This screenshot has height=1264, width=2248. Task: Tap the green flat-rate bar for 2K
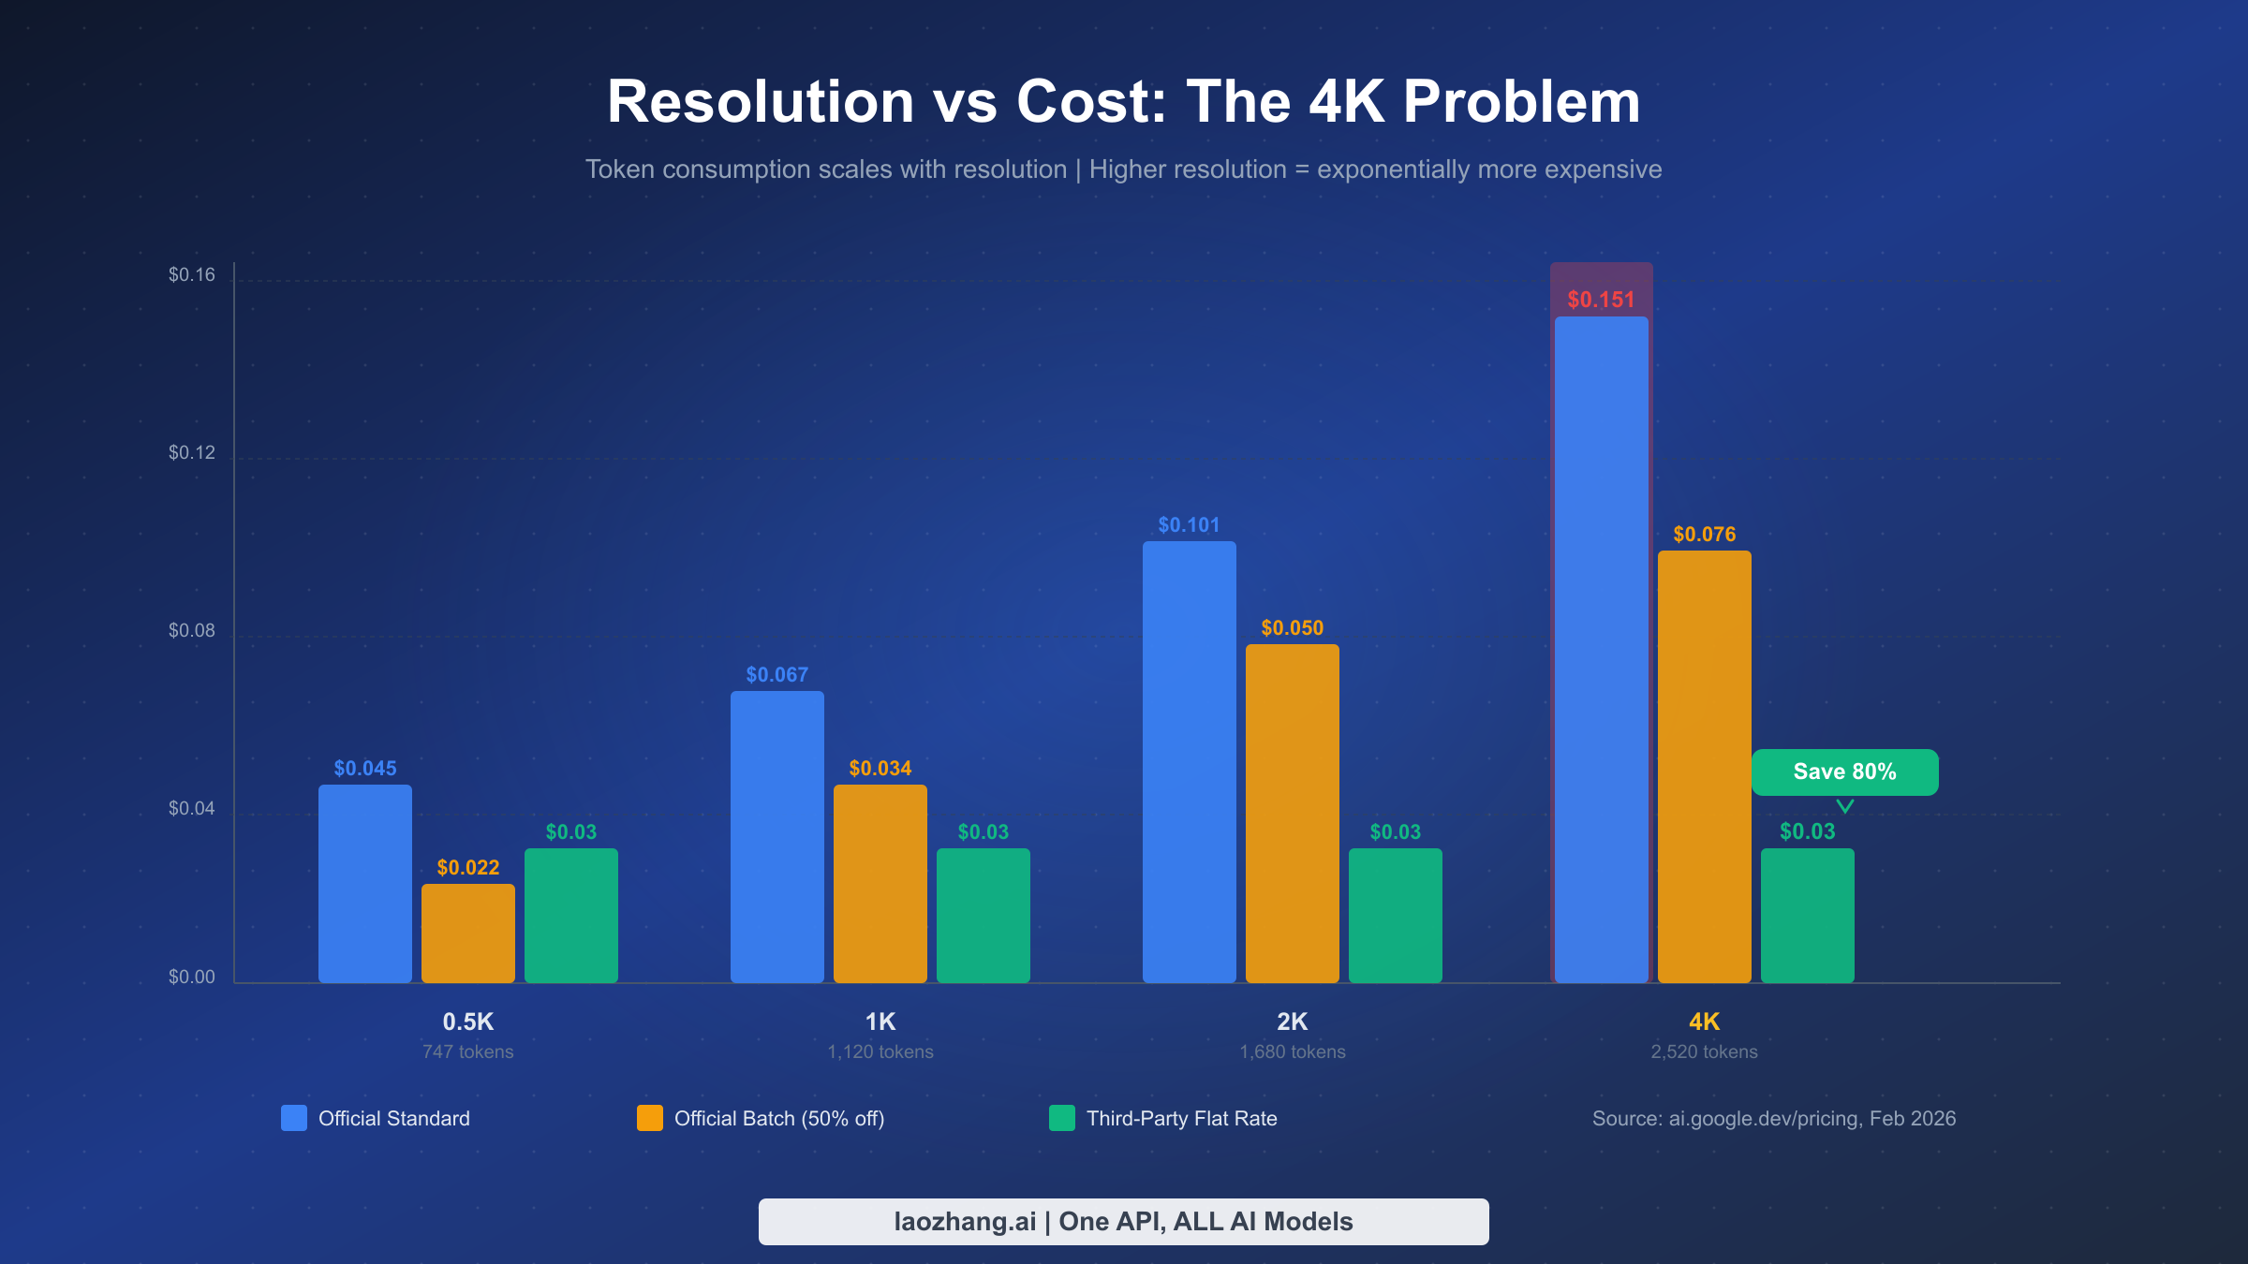tap(1395, 915)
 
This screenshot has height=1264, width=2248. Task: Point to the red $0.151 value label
tap(1601, 300)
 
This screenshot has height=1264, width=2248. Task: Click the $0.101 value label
tap(1189, 525)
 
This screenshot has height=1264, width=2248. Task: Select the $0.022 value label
tap(467, 868)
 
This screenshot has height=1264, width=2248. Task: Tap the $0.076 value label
tap(1704, 535)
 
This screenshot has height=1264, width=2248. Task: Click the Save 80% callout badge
tap(1844, 772)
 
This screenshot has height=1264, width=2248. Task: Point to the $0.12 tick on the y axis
tap(191, 453)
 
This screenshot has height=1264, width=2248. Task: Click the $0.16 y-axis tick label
tap(191, 275)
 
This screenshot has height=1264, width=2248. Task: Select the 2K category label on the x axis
tap(1292, 1021)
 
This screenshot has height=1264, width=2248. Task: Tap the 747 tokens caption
tap(467, 1051)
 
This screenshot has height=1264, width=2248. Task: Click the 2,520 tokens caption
tap(1704, 1051)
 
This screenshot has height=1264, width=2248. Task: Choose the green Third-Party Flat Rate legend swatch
tap(1061, 1118)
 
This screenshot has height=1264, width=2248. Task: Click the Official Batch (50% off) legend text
tap(778, 1119)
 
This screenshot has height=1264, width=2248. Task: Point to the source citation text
tap(1773, 1119)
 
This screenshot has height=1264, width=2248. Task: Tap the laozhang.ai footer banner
tap(1123, 1222)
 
